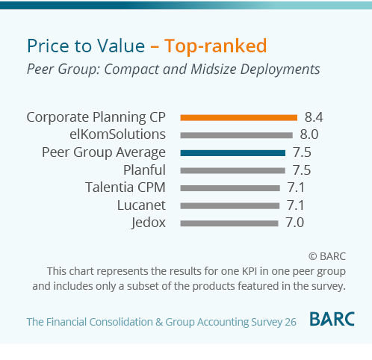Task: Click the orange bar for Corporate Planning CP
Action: point(239,117)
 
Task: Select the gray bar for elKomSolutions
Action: point(236,135)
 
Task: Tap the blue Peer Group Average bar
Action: point(233,152)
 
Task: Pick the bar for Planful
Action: point(233,170)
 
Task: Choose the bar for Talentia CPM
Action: point(229,187)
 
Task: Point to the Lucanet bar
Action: point(229,205)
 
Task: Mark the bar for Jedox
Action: point(229,223)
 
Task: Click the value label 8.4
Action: point(313,117)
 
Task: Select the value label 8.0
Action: point(309,135)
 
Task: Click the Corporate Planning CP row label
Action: point(96,117)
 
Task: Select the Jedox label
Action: point(148,223)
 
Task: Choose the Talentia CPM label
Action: point(125,187)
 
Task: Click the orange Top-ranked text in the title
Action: point(215,46)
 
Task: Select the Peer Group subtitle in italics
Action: point(173,69)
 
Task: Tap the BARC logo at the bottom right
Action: point(332,320)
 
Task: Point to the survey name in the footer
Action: point(161,322)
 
